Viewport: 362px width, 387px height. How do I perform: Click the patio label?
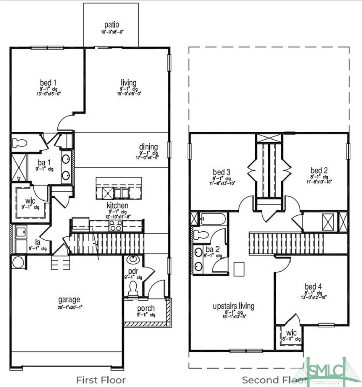tap(111, 24)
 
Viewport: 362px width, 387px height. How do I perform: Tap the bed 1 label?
tap(49, 82)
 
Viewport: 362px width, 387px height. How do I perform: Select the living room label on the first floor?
tap(129, 82)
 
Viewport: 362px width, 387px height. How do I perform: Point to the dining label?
tap(149, 147)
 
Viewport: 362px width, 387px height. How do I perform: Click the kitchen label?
tap(117, 206)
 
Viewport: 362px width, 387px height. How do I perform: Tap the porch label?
tap(146, 308)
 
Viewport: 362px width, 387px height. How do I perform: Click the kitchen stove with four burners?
tap(116, 225)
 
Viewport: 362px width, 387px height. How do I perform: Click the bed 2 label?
tap(319, 171)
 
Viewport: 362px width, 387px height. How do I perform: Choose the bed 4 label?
tap(313, 287)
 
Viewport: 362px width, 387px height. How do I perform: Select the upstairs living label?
tap(233, 306)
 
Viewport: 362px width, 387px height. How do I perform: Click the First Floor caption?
tap(101, 380)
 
